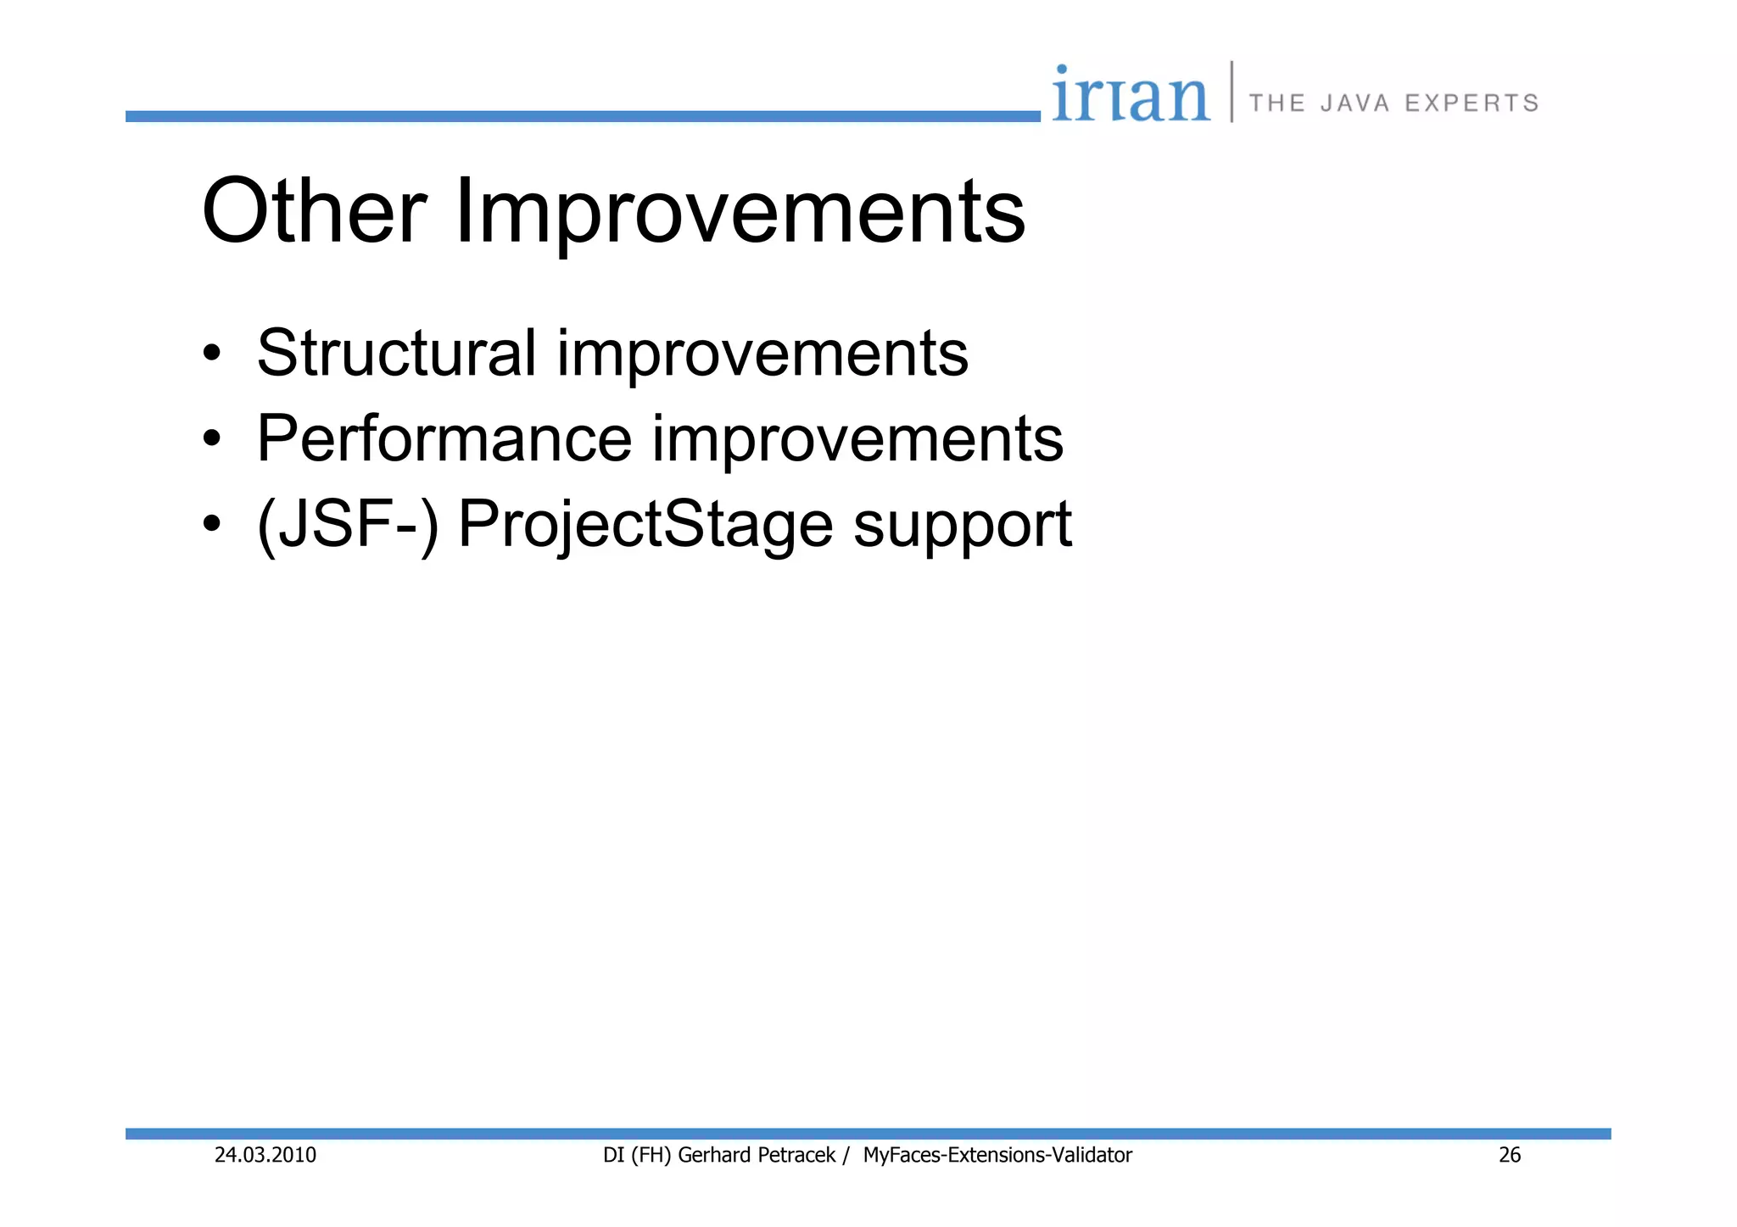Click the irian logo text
click(1131, 95)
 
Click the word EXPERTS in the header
click(1472, 103)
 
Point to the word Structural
click(396, 353)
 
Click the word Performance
click(444, 438)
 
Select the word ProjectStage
click(645, 526)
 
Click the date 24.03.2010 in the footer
click(265, 1155)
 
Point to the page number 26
click(1510, 1155)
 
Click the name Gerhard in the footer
click(713, 1155)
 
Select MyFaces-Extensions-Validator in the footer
click(997, 1155)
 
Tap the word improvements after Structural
click(762, 353)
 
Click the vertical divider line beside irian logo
click(1232, 92)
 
